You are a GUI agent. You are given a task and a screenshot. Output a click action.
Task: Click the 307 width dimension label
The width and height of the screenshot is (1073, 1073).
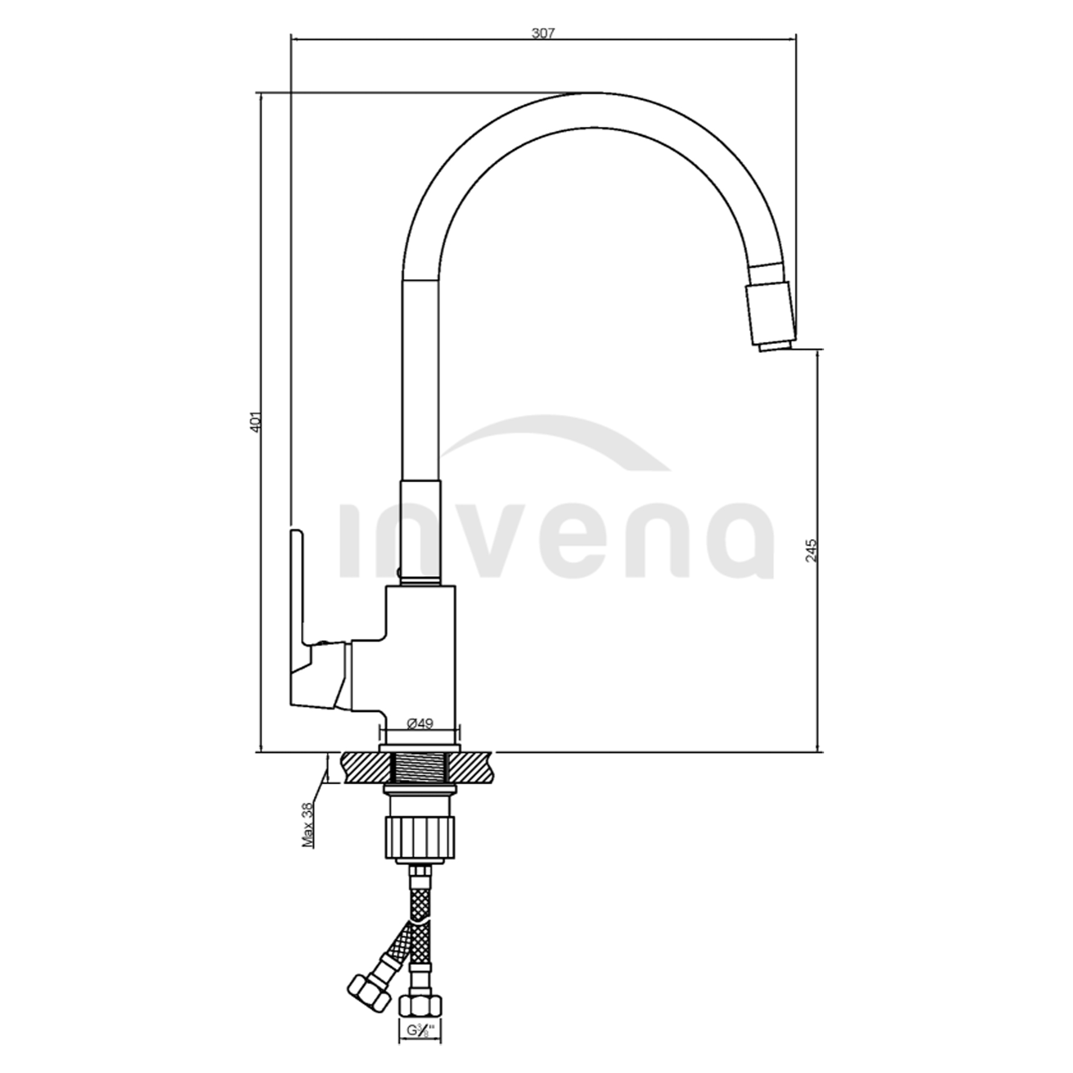[x=543, y=33]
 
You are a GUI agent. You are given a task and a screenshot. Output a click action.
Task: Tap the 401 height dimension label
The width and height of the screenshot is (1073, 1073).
[x=255, y=422]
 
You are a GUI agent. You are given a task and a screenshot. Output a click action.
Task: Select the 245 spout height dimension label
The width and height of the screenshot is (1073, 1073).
[x=811, y=551]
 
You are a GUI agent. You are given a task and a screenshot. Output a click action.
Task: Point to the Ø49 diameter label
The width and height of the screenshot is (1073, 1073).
[x=420, y=723]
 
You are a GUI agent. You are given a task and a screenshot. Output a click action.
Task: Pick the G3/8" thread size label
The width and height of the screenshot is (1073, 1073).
[x=420, y=1046]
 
